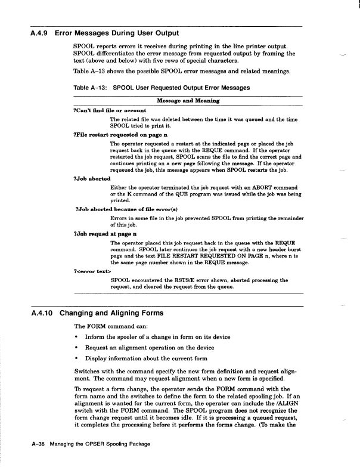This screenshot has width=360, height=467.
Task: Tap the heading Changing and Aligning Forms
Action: [x=111, y=313]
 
